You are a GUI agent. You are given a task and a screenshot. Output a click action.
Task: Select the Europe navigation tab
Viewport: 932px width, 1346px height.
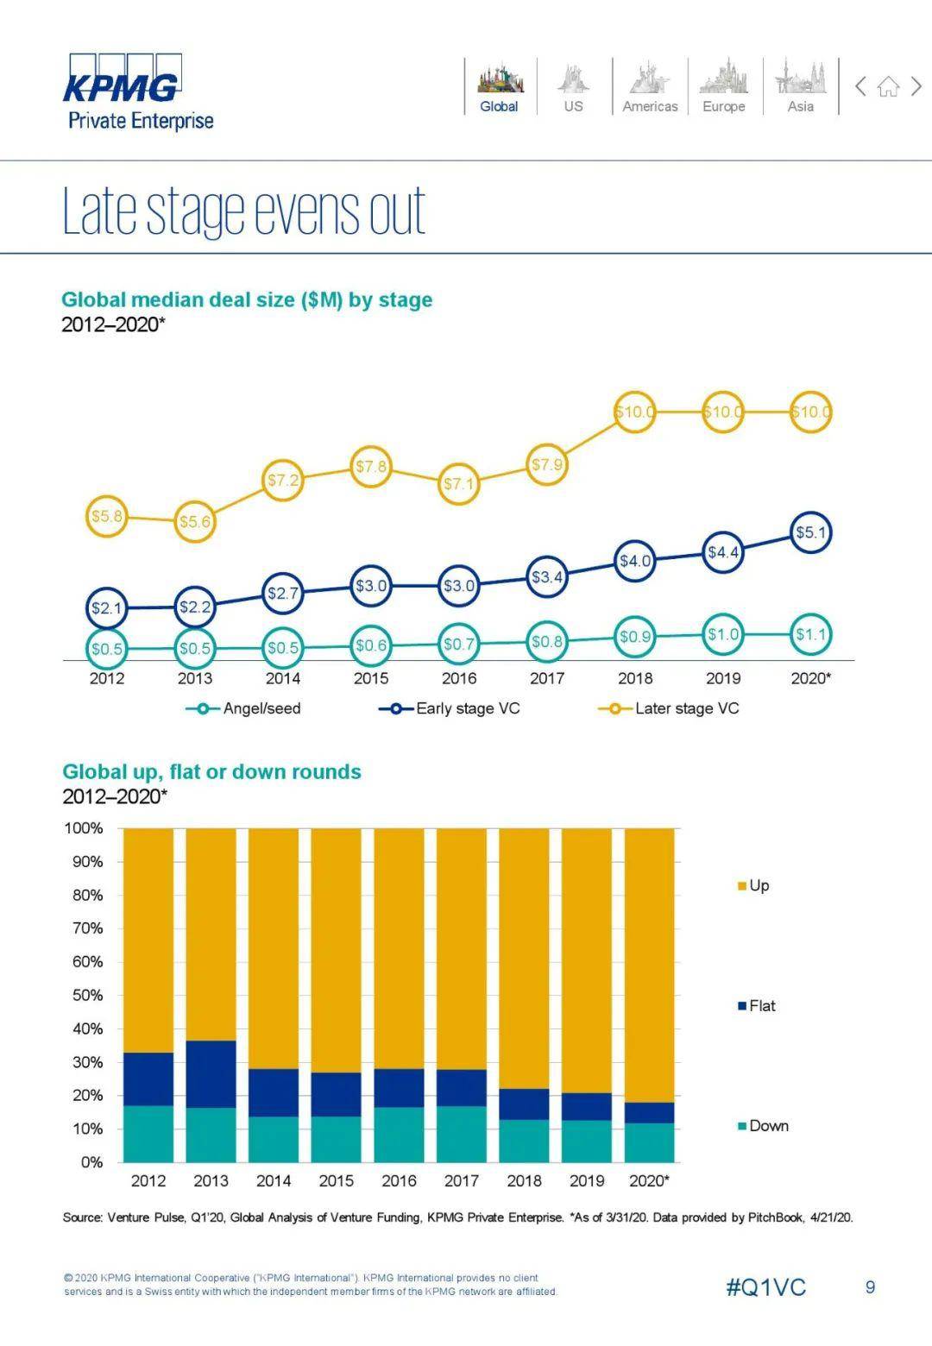[x=723, y=87]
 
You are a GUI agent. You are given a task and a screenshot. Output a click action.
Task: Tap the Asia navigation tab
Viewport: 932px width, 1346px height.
[x=800, y=87]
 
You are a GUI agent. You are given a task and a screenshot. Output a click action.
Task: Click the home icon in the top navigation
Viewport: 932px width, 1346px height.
[x=888, y=86]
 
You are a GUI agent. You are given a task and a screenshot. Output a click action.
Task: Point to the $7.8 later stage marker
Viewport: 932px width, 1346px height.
[x=371, y=467]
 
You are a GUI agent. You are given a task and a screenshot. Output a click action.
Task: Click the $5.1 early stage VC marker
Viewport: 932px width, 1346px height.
[x=810, y=532]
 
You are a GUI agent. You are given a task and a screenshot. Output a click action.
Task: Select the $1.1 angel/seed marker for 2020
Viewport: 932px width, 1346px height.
[x=810, y=635]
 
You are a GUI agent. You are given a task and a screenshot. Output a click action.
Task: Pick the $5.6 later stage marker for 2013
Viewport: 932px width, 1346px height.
[x=194, y=521]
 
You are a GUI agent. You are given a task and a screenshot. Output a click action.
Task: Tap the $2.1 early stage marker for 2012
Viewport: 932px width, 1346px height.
[x=107, y=608]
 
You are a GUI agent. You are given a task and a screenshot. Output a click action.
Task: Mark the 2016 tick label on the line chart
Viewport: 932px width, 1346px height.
[x=459, y=678]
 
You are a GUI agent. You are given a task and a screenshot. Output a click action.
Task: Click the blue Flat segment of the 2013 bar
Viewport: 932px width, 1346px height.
[x=211, y=1074]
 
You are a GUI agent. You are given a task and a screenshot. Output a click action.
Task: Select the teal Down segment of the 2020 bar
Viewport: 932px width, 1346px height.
[x=649, y=1142]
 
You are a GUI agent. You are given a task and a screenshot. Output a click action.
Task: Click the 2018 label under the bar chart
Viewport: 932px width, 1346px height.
[x=524, y=1180]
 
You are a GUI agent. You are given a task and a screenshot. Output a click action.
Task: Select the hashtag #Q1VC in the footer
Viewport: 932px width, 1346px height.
[x=765, y=1287]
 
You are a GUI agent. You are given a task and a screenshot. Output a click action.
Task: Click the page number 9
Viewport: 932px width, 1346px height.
[x=870, y=1287]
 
